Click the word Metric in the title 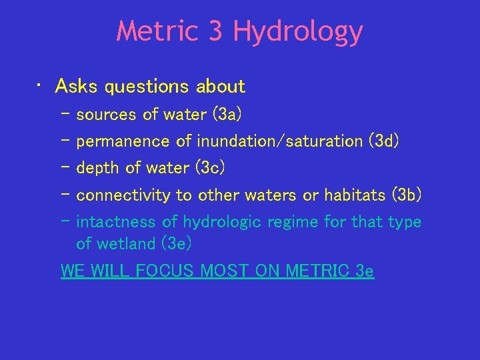tap(157, 31)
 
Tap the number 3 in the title tap(215, 31)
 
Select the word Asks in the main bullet tap(75, 87)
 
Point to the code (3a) tap(227, 115)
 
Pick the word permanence tap(123, 141)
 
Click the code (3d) tap(384, 141)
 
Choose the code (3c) tap(210, 168)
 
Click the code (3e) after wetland tap(177, 244)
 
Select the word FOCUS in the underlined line tap(169, 272)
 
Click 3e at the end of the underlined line tap(365, 272)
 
